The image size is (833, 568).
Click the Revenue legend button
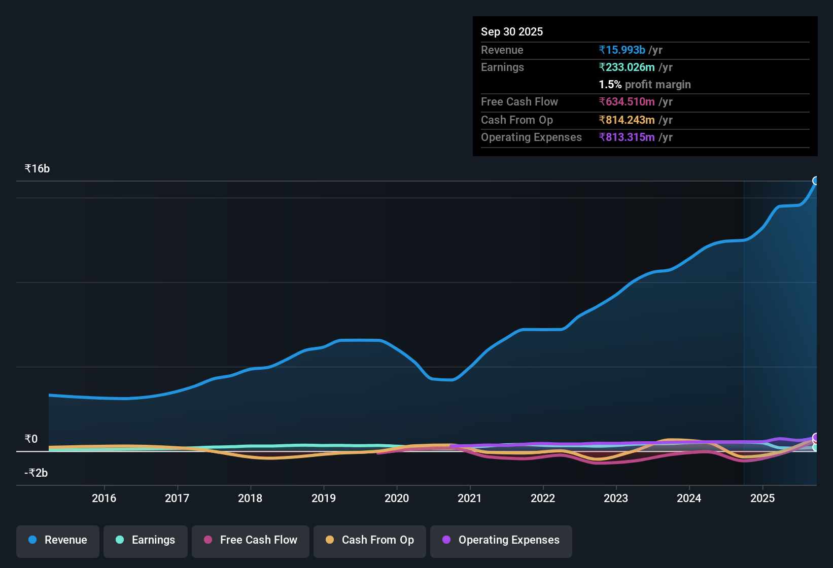58,540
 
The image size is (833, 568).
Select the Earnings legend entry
146,540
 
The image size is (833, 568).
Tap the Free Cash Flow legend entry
251,540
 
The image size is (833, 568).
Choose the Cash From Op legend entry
370,540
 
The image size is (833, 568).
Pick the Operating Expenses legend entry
501,540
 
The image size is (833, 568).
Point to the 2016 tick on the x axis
104,498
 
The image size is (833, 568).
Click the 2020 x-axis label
397,498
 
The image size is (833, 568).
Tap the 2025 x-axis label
762,498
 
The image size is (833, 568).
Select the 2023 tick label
616,498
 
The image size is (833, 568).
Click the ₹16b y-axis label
38,169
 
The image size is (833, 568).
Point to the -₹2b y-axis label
37,473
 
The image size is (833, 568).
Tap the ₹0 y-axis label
31,439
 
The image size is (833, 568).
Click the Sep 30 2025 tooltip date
512,31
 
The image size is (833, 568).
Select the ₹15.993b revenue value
622,50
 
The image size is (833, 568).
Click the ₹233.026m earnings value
627,67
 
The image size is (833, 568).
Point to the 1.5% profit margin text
645,85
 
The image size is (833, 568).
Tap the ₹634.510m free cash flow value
627,101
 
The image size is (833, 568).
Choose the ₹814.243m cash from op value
627,120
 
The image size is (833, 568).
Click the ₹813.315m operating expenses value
627,137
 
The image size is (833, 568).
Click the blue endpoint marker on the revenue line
816,181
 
